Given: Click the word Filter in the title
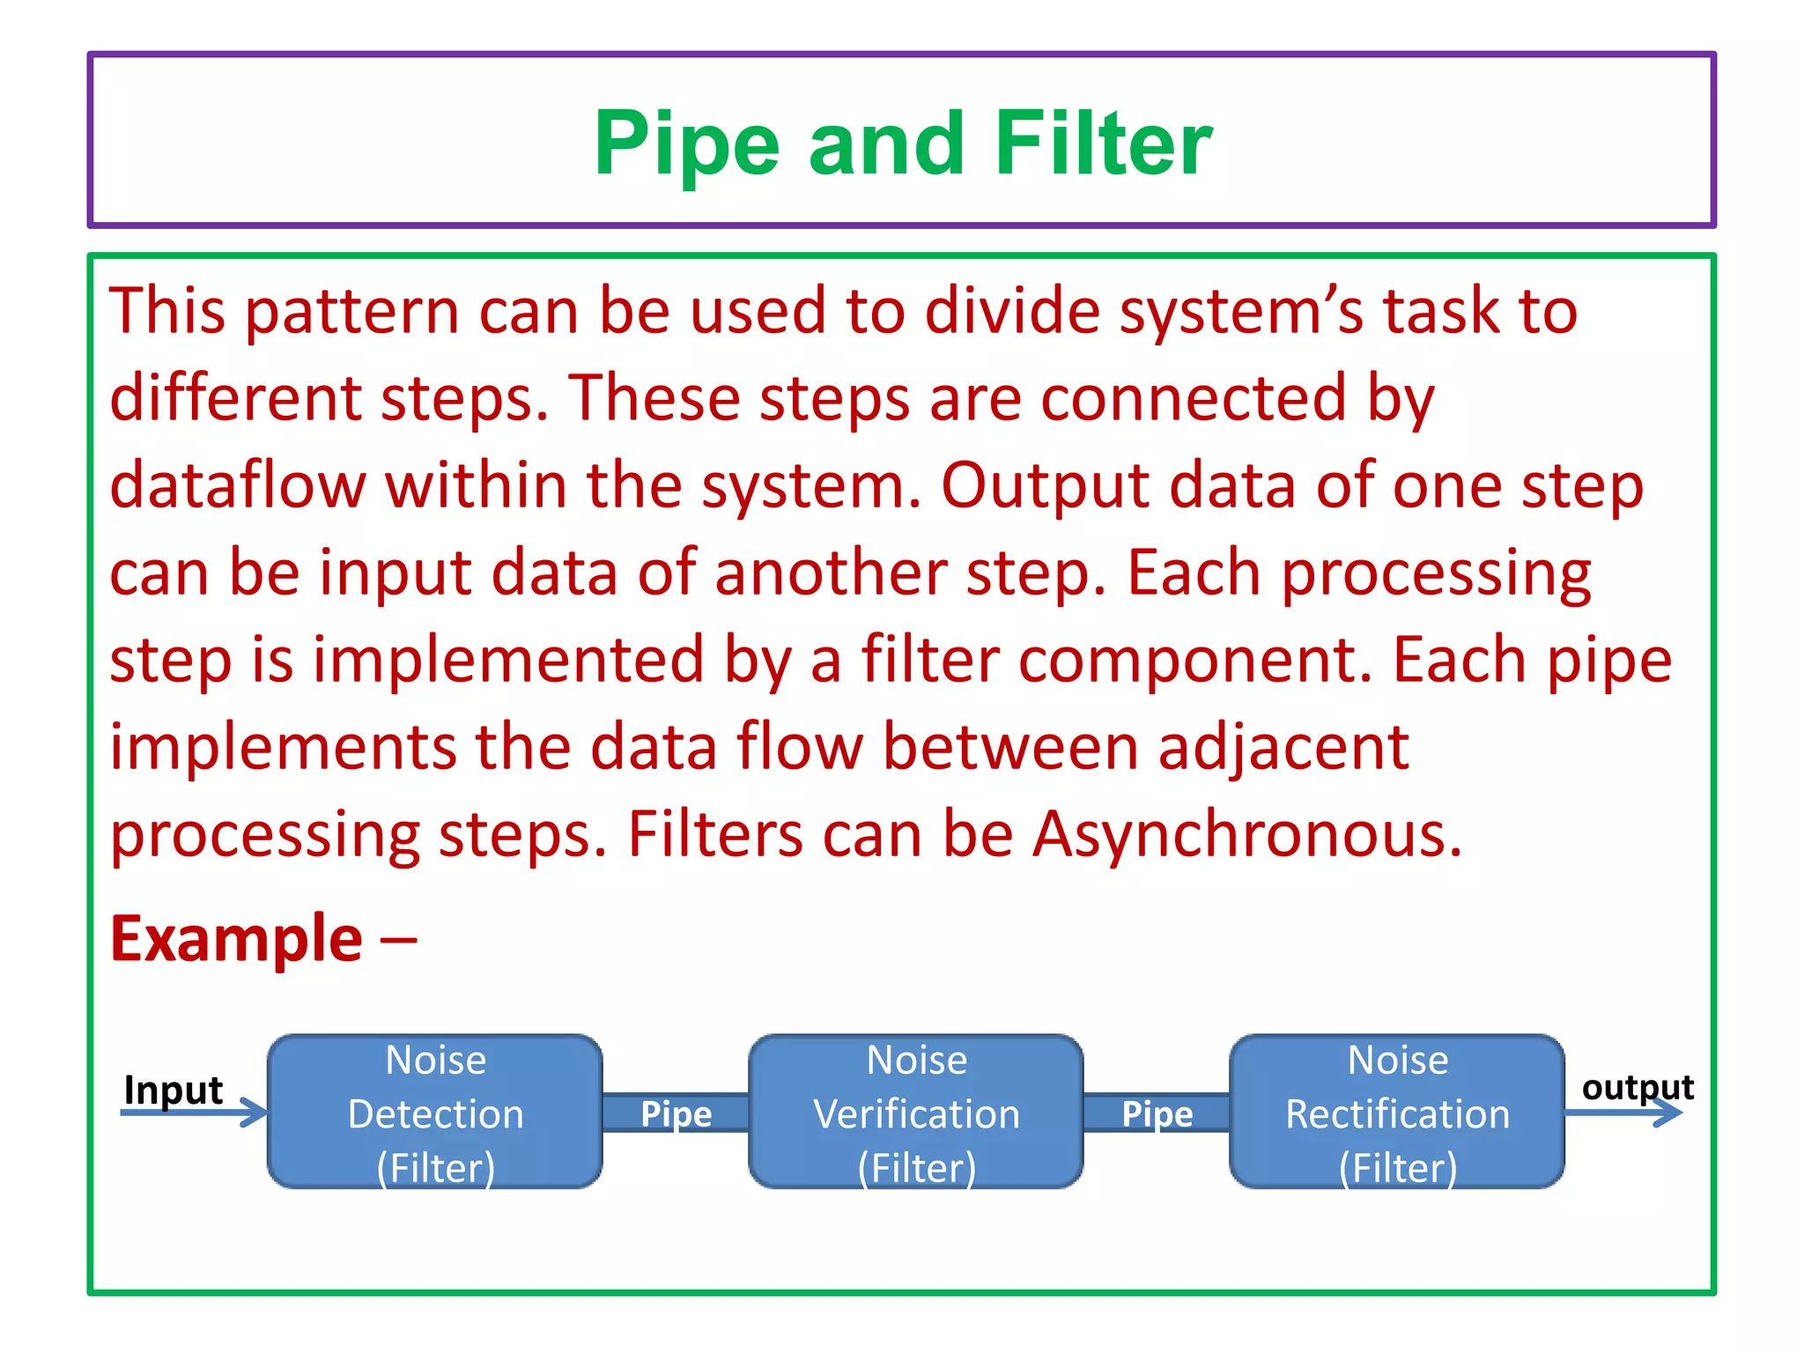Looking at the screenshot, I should [1104, 144].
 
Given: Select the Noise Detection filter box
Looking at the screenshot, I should [435, 1112].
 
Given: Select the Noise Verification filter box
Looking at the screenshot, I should [916, 1112].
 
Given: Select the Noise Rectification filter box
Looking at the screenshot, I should [1397, 1112].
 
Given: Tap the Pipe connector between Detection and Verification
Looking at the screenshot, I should [676, 1113].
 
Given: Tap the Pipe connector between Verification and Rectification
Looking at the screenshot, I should [1157, 1113].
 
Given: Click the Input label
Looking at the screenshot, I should [174, 1090].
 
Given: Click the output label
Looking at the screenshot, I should [1638, 1087].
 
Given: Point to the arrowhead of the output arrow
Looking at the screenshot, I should [1671, 1113].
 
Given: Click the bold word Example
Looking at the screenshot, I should [236, 939].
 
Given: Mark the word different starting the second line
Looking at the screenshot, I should [235, 397].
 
